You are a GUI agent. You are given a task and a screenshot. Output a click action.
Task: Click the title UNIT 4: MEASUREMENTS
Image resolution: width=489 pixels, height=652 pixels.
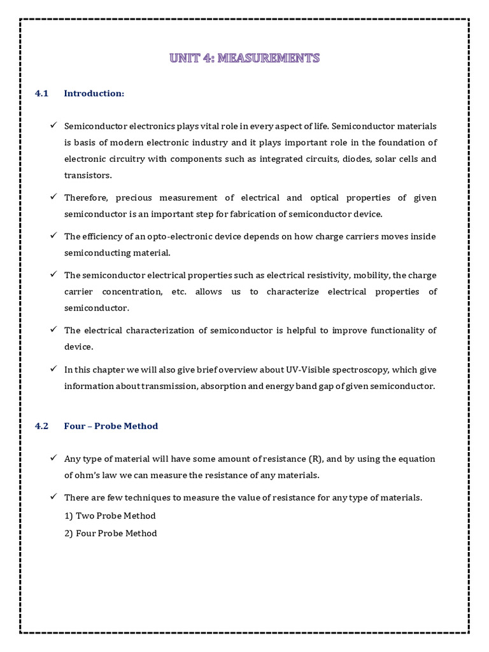coord(244,59)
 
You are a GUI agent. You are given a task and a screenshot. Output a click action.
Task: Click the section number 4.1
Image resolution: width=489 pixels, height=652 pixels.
coord(42,94)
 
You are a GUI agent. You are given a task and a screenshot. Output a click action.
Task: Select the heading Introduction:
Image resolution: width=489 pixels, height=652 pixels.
coord(94,94)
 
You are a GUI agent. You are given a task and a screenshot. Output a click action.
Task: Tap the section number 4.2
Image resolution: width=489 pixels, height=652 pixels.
coord(42,426)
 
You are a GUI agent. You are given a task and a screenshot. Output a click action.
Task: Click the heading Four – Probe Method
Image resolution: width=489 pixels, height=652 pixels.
coord(111,426)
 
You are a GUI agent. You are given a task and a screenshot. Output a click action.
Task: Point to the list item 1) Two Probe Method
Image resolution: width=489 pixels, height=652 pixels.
coord(110,515)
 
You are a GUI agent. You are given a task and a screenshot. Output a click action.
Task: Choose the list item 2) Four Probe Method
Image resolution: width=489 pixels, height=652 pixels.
coord(110,533)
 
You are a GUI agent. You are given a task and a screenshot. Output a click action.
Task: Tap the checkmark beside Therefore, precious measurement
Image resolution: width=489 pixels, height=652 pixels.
coord(53,197)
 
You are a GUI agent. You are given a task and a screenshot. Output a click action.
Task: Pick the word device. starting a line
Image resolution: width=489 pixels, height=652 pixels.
coord(79,347)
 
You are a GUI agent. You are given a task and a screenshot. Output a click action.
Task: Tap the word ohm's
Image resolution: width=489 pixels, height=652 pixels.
coord(92,475)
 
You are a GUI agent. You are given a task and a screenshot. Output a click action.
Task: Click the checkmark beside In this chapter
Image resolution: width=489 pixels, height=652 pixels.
coord(53,369)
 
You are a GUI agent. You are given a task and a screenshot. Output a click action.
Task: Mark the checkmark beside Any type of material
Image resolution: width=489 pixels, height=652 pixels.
coord(53,458)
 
